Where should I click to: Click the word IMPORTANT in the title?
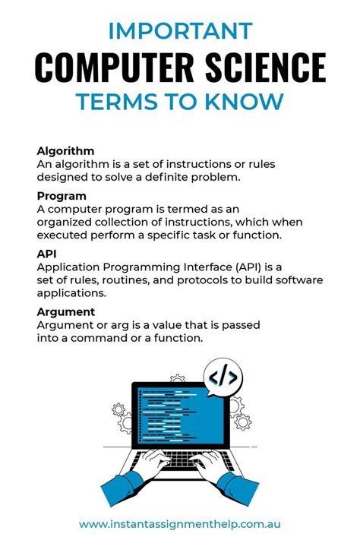(179, 31)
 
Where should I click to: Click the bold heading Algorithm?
(65, 150)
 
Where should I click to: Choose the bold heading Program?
(61, 196)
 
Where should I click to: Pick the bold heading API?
(47, 254)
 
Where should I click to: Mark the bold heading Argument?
(65, 312)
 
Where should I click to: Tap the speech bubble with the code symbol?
(223, 377)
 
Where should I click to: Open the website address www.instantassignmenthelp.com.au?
(180, 524)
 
